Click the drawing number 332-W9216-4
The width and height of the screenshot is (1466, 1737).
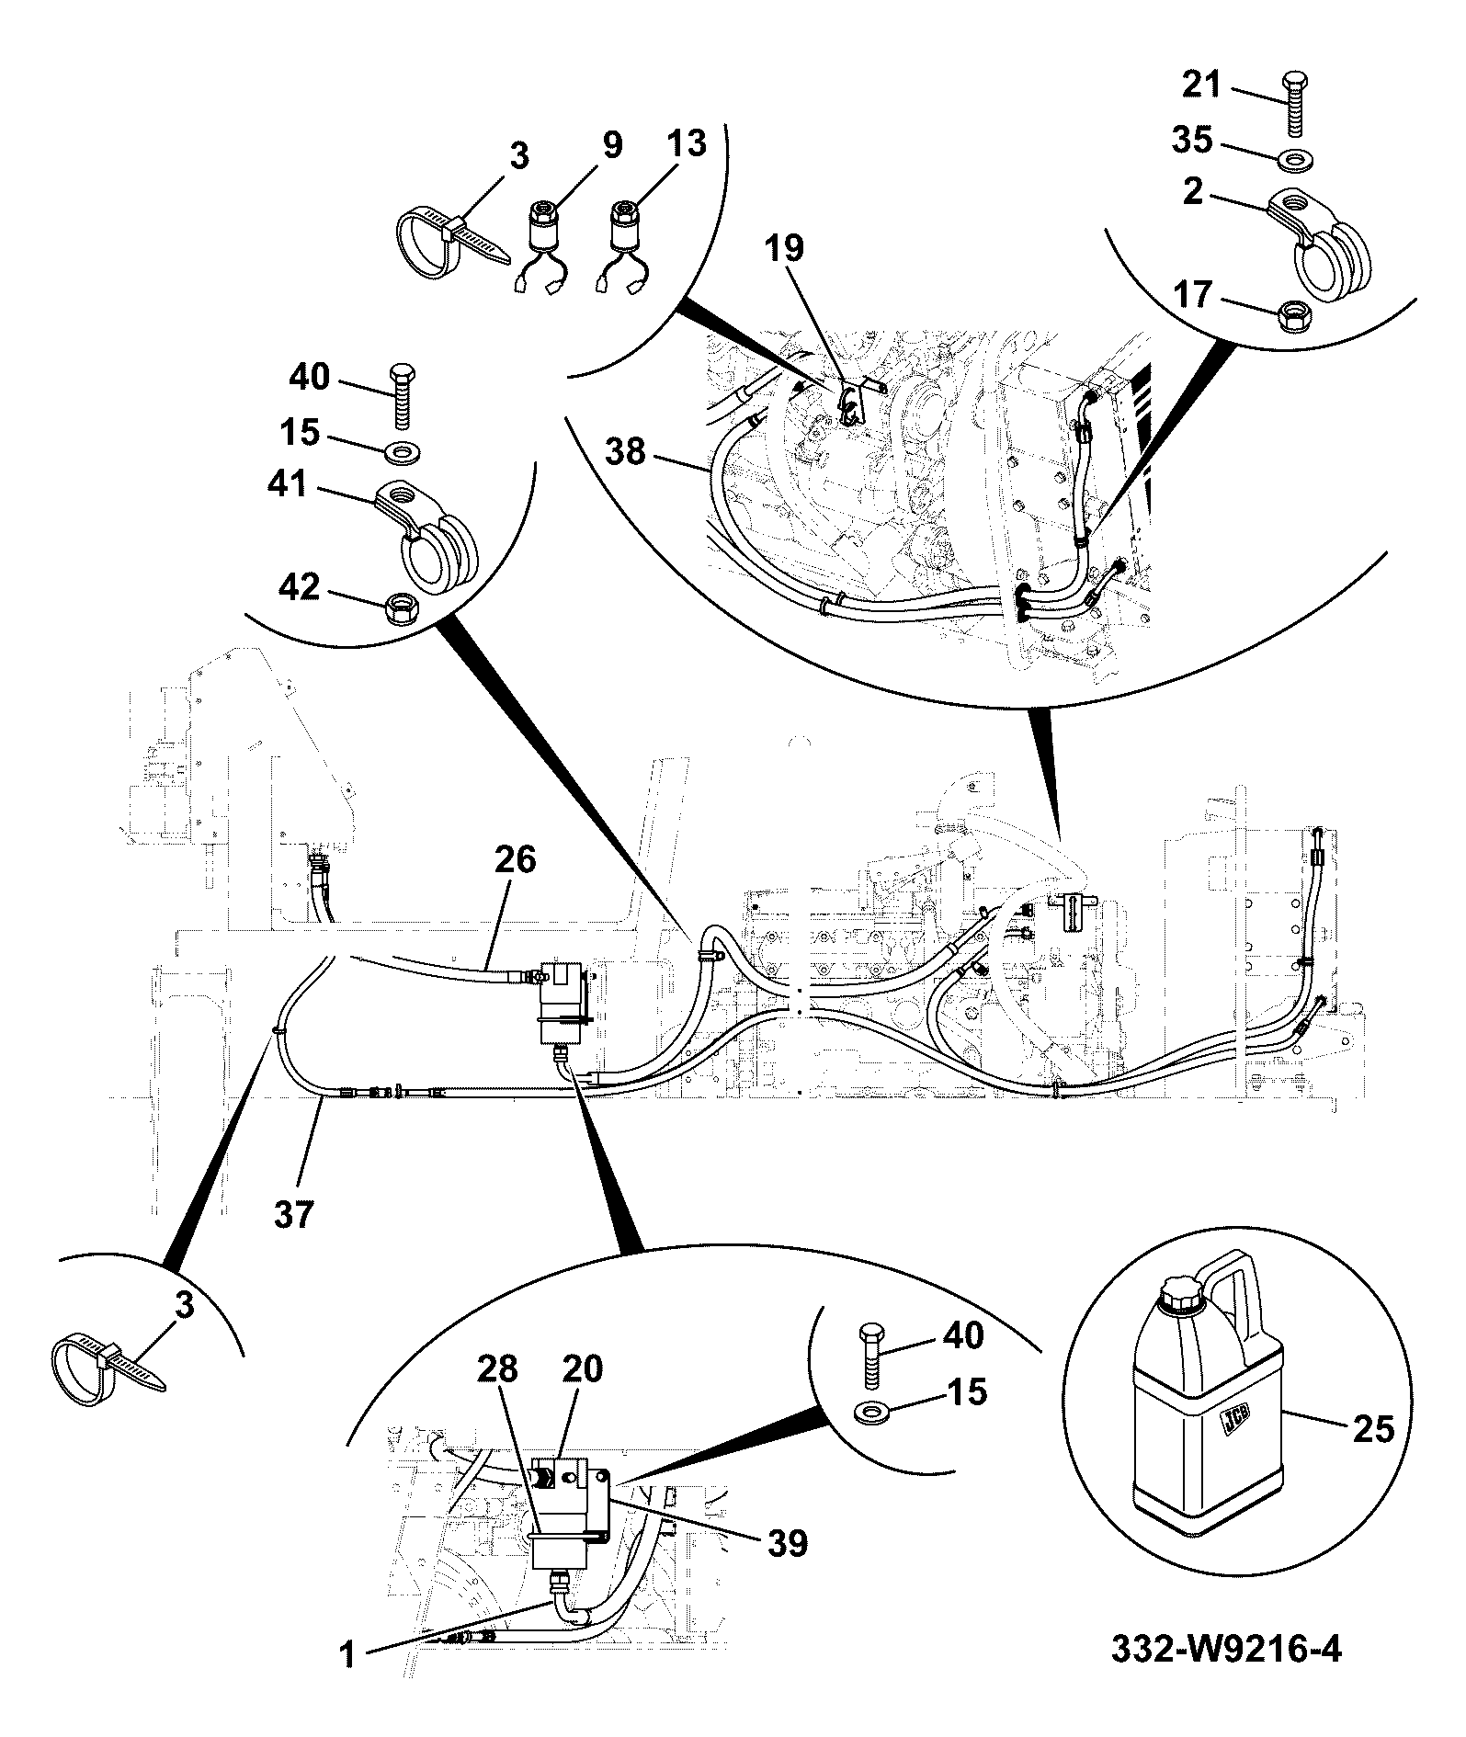click(x=1226, y=1675)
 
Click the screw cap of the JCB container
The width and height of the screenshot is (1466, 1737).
click(x=1182, y=1297)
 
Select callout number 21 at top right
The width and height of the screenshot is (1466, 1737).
click(x=1200, y=85)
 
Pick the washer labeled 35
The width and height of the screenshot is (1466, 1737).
click(x=1295, y=162)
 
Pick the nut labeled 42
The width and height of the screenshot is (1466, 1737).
click(x=401, y=608)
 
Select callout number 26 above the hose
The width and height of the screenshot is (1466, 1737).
click(x=515, y=860)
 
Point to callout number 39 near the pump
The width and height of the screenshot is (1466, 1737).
click(x=788, y=1543)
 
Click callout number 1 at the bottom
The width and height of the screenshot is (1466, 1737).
click(x=346, y=1682)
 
